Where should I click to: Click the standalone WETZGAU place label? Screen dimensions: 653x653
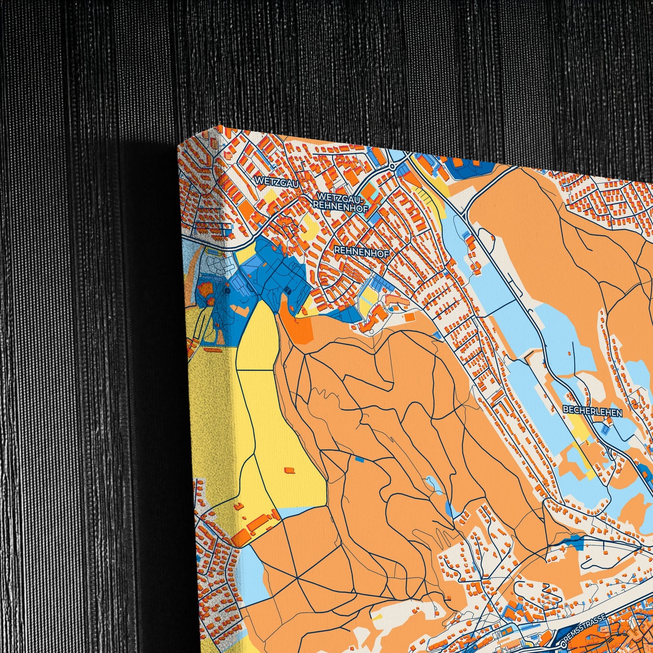pyautogui.click(x=271, y=180)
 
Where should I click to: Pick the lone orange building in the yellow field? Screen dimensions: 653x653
pyautogui.click(x=289, y=470)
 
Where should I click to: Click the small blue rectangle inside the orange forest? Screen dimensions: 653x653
pyautogui.click(x=360, y=460)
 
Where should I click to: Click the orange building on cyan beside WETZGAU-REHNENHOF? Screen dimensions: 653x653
pyautogui.click(x=369, y=192)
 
